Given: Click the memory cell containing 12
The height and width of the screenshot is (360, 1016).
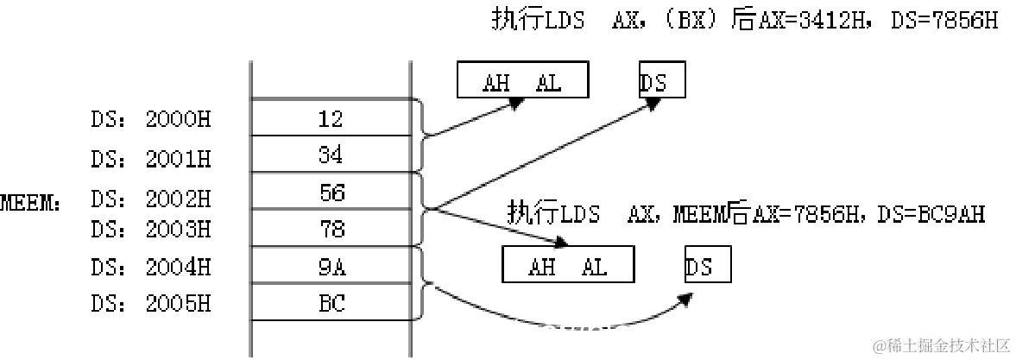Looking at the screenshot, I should [330, 118].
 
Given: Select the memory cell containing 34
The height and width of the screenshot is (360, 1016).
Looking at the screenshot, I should [330, 155].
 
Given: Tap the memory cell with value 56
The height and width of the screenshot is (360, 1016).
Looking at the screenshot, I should [330, 193].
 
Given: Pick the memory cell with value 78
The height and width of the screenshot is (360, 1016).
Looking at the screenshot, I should [330, 230].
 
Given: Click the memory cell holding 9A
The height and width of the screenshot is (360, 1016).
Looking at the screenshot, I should [330, 267].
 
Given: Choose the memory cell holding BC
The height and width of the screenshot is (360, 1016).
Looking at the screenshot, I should [330, 304].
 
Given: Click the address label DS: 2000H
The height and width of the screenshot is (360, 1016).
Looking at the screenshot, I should [150, 120].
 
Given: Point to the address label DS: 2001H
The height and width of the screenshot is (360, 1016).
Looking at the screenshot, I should [150, 160].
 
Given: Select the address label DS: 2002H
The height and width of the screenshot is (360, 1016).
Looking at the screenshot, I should [150, 199].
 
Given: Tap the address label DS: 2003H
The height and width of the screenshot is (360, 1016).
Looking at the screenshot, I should [150, 229].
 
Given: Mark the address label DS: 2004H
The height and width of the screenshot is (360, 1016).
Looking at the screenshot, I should [150, 268].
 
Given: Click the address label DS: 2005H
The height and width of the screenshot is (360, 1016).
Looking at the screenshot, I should [150, 305].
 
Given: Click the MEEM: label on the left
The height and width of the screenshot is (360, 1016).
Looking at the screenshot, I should [30, 204].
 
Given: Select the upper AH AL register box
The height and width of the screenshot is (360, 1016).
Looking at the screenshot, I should [522, 82].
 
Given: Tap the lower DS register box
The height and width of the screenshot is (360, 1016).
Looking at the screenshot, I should [708, 266].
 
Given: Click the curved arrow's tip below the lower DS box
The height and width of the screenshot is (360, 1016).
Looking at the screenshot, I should [688, 299].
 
